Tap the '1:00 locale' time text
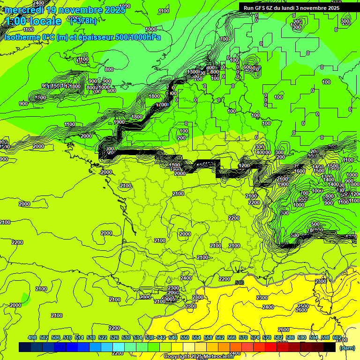(34, 21)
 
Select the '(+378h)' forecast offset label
(83, 21)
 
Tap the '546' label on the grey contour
(240, 283)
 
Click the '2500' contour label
(303, 306)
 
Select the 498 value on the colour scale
(32, 337)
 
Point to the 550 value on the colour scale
(185, 337)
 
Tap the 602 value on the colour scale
(337, 337)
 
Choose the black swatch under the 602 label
(330, 347)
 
